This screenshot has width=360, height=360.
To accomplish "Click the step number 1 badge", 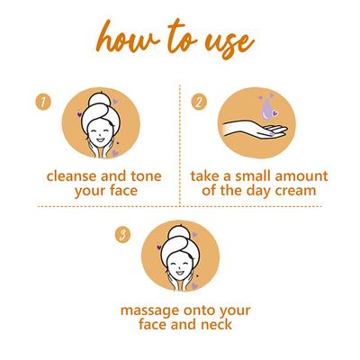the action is [x=43, y=102].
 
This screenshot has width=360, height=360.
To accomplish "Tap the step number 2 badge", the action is [x=199, y=102].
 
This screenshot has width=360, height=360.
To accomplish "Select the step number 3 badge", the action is [x=122, y=235].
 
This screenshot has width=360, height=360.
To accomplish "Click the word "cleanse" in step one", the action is [x=72, y=176].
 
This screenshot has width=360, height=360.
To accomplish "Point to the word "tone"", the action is [x=146, y=176].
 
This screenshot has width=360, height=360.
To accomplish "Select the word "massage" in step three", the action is [x=149, y=310].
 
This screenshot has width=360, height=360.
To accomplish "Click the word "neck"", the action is [x=217, y=324].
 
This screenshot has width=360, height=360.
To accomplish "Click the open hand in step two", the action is [x=255, y=130].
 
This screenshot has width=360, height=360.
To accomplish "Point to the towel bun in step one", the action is [x=99, y=101].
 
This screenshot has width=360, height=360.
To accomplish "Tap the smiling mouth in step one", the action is [x=100, y=140].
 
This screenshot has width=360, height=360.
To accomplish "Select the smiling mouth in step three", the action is [x=179, y=273].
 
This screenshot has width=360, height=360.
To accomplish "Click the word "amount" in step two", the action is [x=301, y=176].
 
